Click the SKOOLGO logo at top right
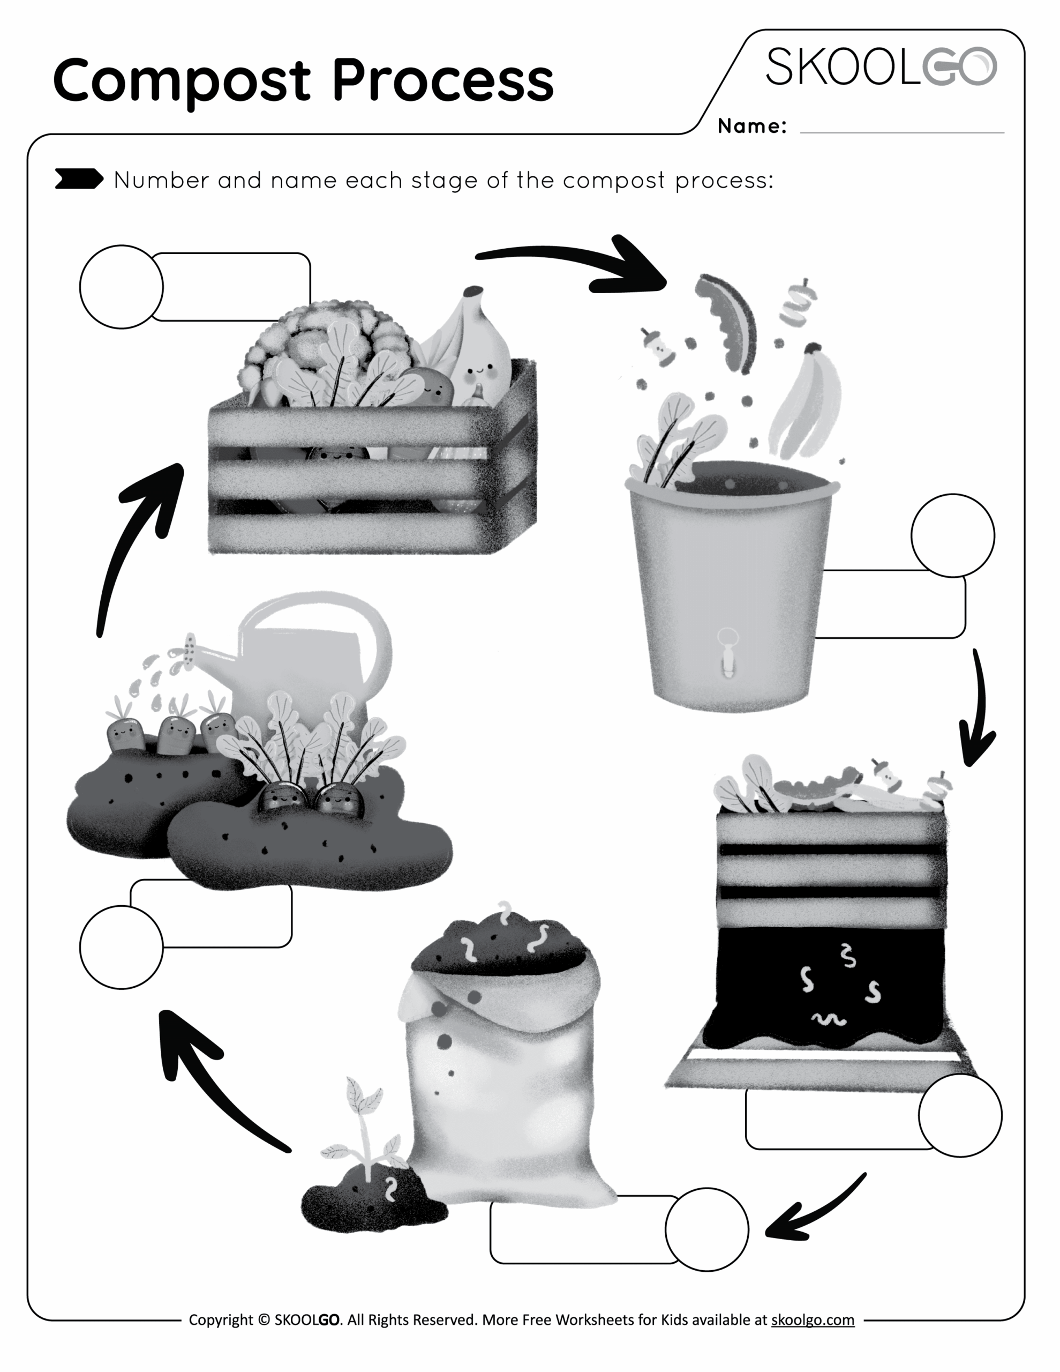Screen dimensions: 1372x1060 881,66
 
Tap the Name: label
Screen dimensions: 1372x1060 751,126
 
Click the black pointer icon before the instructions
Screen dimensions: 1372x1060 79,179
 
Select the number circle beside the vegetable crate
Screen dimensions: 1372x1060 121,287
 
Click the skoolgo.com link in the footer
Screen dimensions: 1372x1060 812,1319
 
